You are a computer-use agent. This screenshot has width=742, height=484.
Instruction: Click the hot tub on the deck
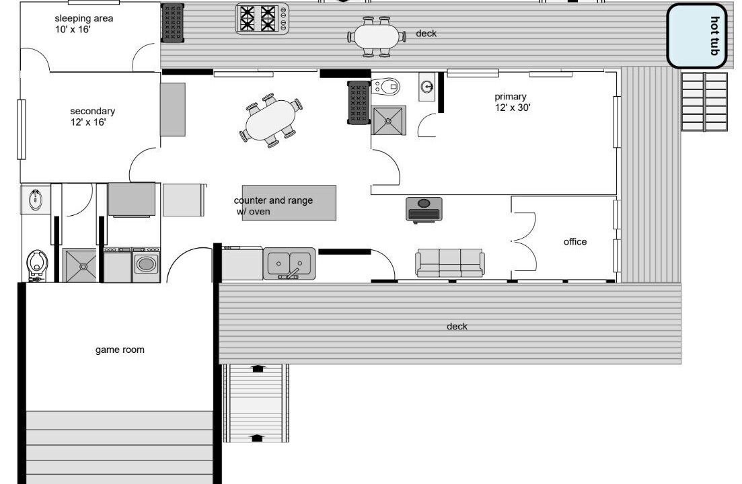pos(696,36)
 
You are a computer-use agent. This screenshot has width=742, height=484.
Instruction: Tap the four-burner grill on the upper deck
pos(262,18)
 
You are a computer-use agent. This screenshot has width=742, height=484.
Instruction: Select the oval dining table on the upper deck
pos(377,36)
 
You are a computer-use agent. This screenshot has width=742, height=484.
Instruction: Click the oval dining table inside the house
pos(270,120)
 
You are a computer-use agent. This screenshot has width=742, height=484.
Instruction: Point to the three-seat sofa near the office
pos(450,263)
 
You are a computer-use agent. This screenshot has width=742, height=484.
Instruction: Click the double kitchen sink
pos(289,264)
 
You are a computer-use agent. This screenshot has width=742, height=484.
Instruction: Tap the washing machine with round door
pos(146,265)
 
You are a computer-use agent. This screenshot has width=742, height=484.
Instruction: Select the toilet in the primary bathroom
pos(385,87)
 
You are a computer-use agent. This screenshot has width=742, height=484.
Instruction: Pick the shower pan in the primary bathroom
pos(389,120)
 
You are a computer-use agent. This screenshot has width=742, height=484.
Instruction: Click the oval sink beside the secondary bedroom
pos(36,200)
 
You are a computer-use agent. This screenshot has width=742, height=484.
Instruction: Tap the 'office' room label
pos(575,241)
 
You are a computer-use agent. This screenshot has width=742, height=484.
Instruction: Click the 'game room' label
pos(120,350)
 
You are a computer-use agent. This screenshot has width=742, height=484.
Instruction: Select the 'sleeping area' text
pos(84,18)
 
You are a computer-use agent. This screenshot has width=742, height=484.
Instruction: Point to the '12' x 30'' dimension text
pos(513,108)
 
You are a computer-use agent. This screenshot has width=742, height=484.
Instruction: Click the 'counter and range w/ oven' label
pos(273,206)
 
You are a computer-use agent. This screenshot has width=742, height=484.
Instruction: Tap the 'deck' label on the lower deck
pos(457,326)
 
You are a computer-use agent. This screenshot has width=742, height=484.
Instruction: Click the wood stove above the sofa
pos(424,209)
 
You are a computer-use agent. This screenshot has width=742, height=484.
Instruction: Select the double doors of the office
pos(524,241)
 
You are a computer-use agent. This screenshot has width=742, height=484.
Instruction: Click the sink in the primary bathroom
pos(427,87)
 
